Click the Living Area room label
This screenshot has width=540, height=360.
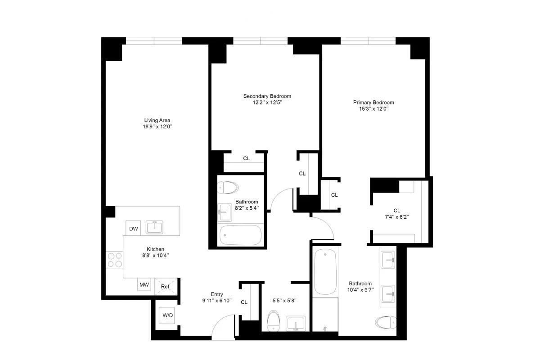[157, 120]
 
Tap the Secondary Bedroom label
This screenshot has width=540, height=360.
[267, 96]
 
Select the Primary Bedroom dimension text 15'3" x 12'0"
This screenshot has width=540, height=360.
[373, 109]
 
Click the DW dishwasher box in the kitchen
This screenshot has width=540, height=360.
[133, 228]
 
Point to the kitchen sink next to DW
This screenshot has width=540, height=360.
[154, 227]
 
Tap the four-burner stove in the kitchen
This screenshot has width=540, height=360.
[114, 260]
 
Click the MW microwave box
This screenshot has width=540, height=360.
[144, 285]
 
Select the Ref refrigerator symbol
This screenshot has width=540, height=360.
[166, 287]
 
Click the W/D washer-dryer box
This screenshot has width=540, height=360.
[167, 315]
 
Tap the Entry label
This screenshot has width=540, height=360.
[217, 294]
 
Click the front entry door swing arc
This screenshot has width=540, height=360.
[220, 319]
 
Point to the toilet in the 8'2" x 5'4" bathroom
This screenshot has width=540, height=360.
[228, 187]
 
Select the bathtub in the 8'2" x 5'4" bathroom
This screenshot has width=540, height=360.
[241, 235]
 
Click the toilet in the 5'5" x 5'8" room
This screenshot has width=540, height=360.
[274, 321]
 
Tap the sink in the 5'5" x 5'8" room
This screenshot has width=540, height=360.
[296, 324]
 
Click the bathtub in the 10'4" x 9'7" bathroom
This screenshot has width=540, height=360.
[325, 271]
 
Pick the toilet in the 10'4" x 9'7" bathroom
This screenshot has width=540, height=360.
[386, 322]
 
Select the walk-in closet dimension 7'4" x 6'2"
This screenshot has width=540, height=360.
[397, 217]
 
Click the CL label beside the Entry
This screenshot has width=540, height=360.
[244, 302]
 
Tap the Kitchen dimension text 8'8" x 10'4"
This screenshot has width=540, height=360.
[156, 255]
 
